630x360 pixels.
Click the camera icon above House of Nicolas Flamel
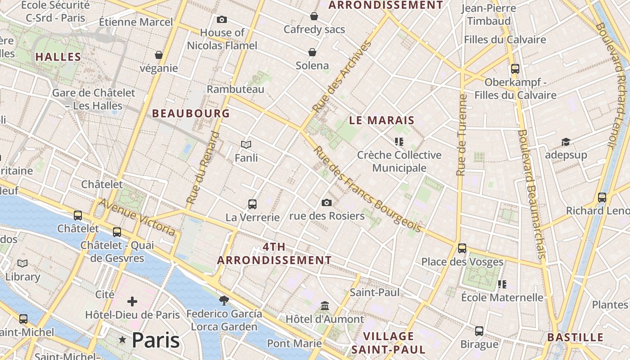(221, 19)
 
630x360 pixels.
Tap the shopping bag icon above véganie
(158, 55)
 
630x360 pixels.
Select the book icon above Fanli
(246, 144)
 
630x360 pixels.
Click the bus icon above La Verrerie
(252, 204)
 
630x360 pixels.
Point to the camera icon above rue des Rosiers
(327, 202)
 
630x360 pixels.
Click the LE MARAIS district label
(382, 120)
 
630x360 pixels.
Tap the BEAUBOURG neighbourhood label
(191, 113)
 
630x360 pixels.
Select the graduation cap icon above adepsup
(566, 142)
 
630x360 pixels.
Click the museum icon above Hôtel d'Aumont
(325, 306)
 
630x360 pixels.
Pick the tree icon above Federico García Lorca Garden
(224, 300)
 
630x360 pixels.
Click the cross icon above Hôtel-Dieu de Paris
(132, 301)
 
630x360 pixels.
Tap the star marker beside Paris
(122, 340)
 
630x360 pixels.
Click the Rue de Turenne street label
(461, 135)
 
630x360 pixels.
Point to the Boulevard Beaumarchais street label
(531, 193)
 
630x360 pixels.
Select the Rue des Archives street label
(342, 77)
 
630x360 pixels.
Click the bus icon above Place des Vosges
(462, 248)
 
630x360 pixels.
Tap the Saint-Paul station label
(374, 292)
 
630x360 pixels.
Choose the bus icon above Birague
(479, 331)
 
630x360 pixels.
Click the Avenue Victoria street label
(137, 217)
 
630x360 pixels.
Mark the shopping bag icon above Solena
(312, 52)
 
